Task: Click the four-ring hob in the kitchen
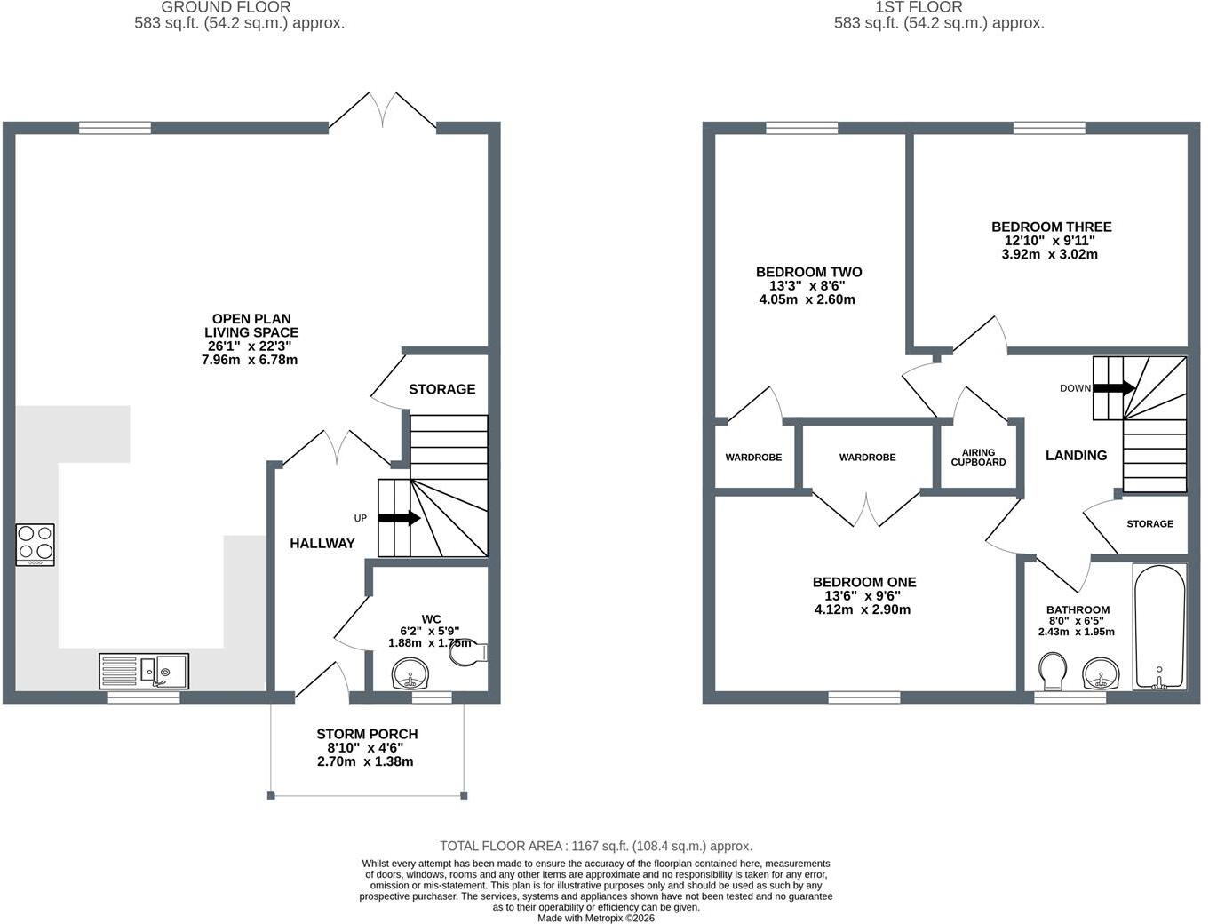coord(36,545)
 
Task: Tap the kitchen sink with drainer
coord(144,671)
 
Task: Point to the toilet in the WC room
coord(468,653)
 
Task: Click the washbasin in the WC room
coord(410,674)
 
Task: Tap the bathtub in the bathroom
coord(1159,626)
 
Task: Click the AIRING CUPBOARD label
coord(978,457)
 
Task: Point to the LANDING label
coord(1077,456)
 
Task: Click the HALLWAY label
coord(322,544)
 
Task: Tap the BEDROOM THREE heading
coord(1052,227)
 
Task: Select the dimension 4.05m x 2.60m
coord(807,299)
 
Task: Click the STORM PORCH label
coord(367,734)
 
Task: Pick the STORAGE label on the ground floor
coord(441,389)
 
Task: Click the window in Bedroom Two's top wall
coord(801,128)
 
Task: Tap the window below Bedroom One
coord(864,697)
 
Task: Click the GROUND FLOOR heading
coord(226,8)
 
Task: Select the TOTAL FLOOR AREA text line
coord(596,846)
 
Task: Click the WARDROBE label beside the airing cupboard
coord(867,457)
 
